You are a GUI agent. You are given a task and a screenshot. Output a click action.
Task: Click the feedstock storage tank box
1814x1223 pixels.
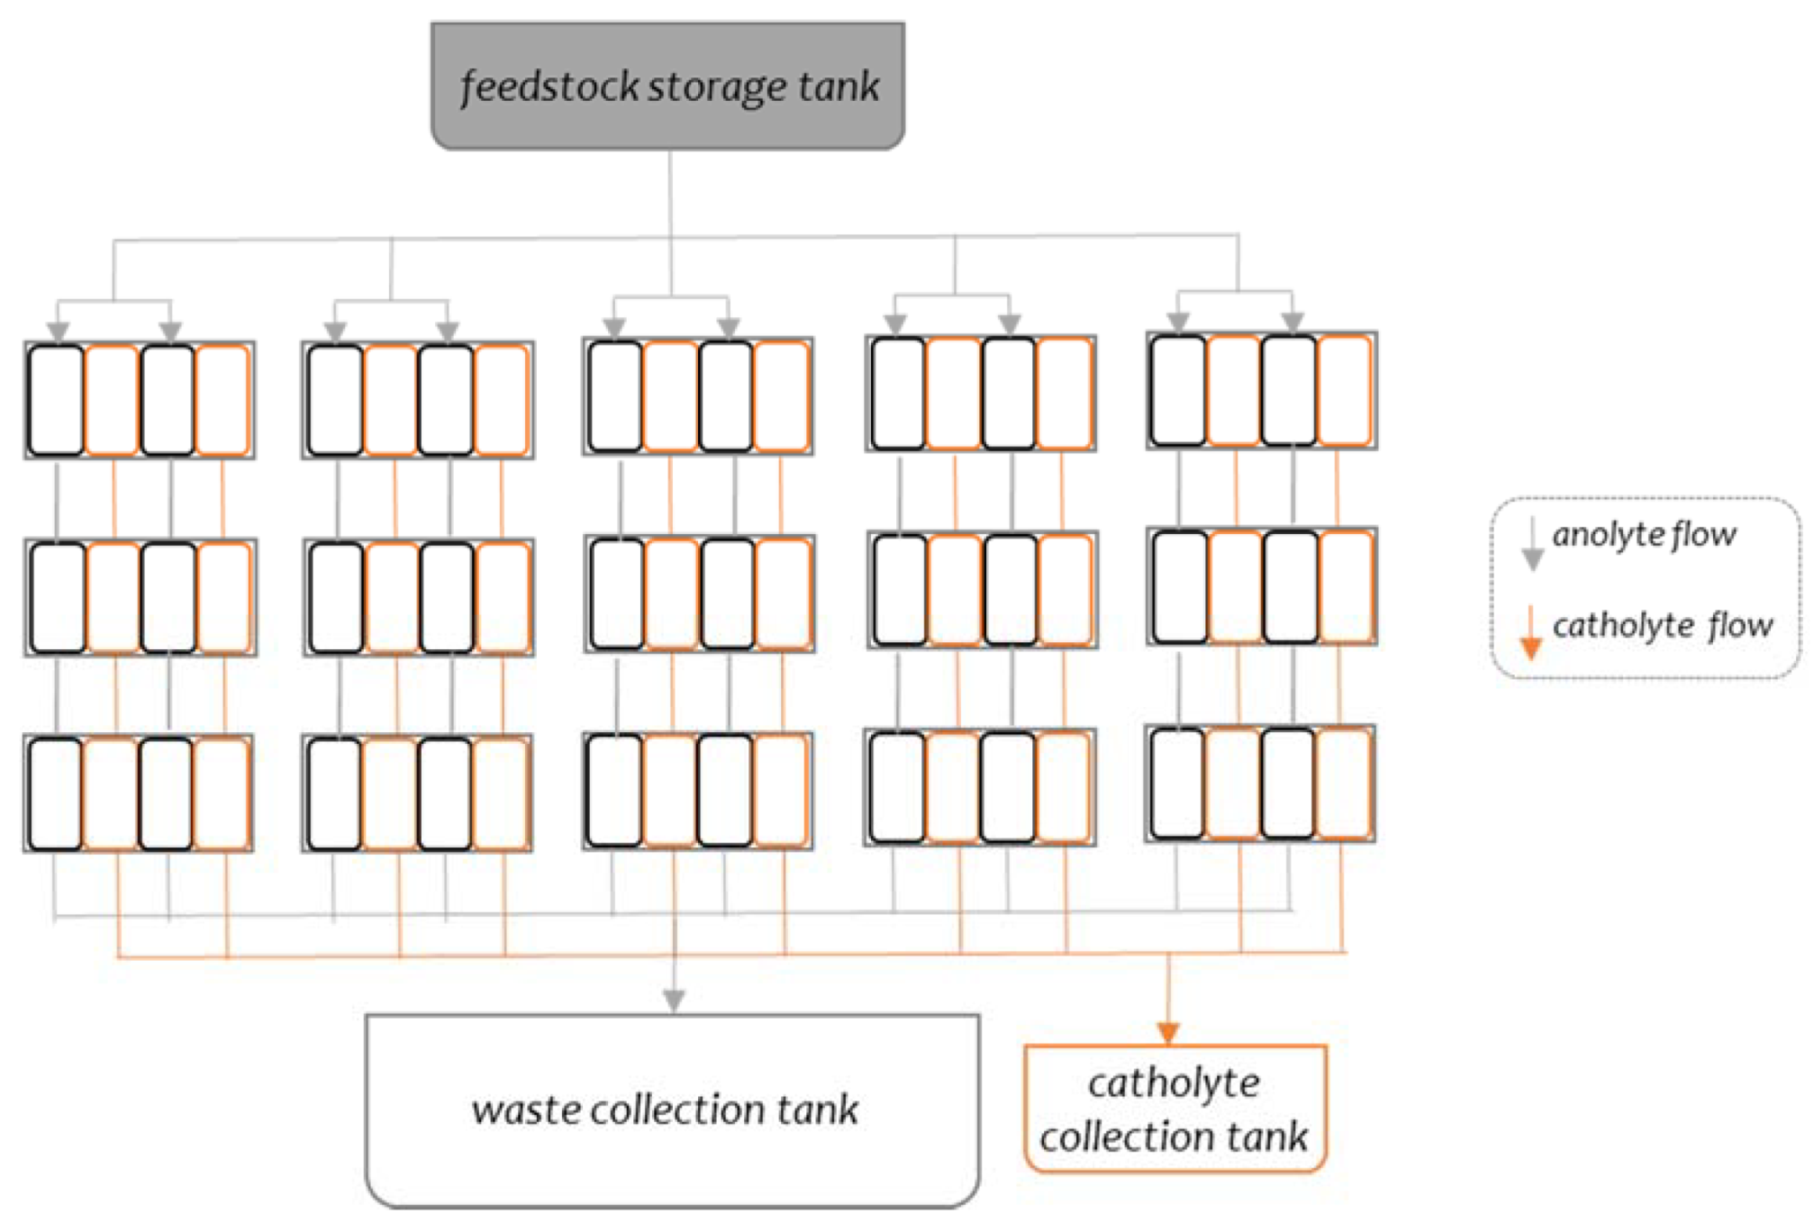pyautogui.click(x=667, y=86)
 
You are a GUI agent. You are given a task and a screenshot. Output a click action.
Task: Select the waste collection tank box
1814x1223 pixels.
pyautogui.click(x=672, y=1110)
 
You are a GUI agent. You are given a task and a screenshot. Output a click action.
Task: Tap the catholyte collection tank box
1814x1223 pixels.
pyautogui.click(x=1175, y=1109)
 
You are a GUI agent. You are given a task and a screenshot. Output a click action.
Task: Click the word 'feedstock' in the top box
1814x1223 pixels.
pyautogui.click(x=550, y=87)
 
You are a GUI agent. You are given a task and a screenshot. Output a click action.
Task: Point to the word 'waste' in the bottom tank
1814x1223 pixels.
pyautogui.click(x=526, y=1110)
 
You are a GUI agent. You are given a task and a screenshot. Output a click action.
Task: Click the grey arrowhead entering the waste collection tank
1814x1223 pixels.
pyautogui.click(x=674, y=1000)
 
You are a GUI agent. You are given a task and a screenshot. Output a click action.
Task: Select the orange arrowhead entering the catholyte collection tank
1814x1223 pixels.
pyautogui.click(x=1168, y=1032)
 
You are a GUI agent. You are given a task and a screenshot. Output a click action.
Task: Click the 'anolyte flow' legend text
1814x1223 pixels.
pyautogui.click(x=1644, y=534)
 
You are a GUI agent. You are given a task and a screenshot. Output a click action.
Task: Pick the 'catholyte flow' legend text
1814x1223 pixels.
pyautogui.click(x=1662, y=624)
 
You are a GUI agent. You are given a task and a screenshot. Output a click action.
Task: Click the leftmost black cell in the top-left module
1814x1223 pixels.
pyautogui.click(x=57, y=400)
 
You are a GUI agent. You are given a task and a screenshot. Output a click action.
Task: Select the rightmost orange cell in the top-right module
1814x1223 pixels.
pyautogui.click(x=1344, y=390)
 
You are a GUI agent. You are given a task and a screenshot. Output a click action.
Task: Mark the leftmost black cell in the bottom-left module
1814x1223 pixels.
pyautogui.click(x=56, y=793)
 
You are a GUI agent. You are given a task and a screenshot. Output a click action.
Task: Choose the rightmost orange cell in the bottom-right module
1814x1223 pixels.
pyautogui.click(x=1343, y=784)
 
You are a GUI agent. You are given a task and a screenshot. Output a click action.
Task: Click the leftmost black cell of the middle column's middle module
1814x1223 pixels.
pyautogui.click(x=616, y=593)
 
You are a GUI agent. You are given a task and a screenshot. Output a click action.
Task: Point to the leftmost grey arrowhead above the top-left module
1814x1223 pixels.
pyautogui.click(x=59, y=331)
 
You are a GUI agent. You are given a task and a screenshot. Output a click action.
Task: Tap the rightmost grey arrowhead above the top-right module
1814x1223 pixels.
pyautogui.click(x=1292, y=322)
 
